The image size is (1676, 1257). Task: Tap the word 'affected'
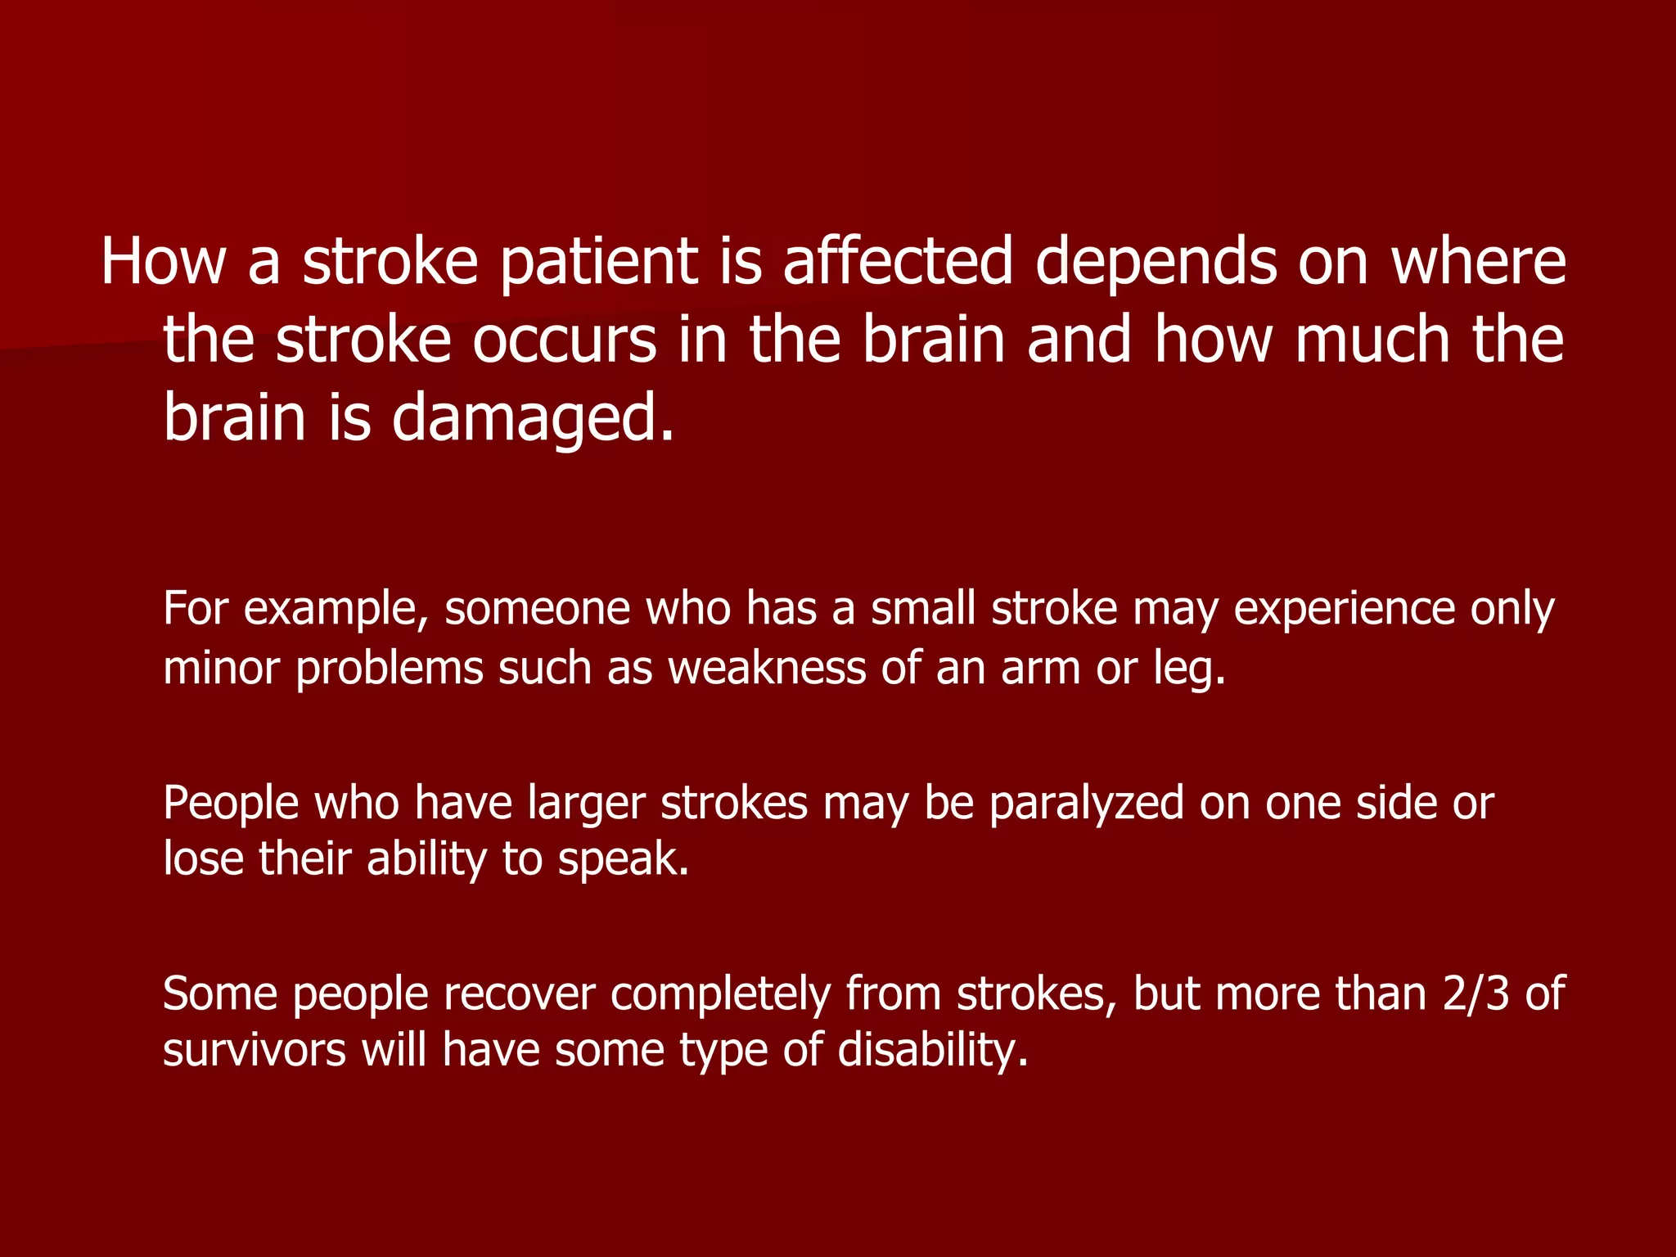898,262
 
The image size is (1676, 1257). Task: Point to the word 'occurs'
564,340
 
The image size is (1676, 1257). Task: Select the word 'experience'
1345,610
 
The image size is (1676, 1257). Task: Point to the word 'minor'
221,668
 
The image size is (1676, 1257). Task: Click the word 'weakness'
767,668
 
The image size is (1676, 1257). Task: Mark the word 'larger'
586,804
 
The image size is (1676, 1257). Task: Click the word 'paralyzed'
1086,804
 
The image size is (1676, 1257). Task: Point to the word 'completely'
720,995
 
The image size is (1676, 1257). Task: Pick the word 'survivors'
255,1051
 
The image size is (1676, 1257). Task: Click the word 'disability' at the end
932,1051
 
